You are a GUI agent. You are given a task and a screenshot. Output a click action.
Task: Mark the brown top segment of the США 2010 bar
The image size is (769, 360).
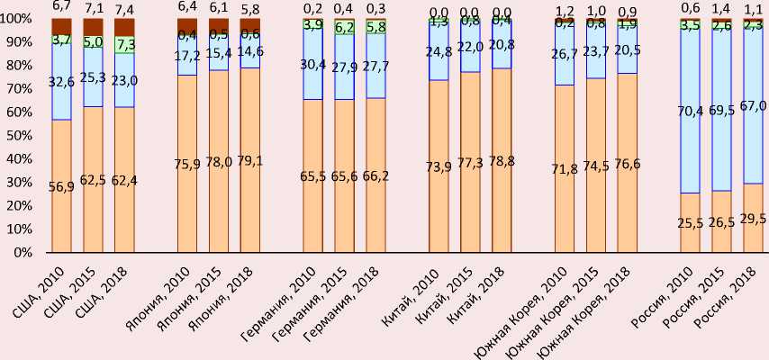pyautogui.click(x=61, y=25)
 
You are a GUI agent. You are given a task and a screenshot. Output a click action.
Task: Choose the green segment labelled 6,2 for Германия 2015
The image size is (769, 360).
pyautogui.click(x=344, y=28)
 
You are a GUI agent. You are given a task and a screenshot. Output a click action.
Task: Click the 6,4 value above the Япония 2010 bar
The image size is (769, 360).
pyautogui.click(x=187, y=8)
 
